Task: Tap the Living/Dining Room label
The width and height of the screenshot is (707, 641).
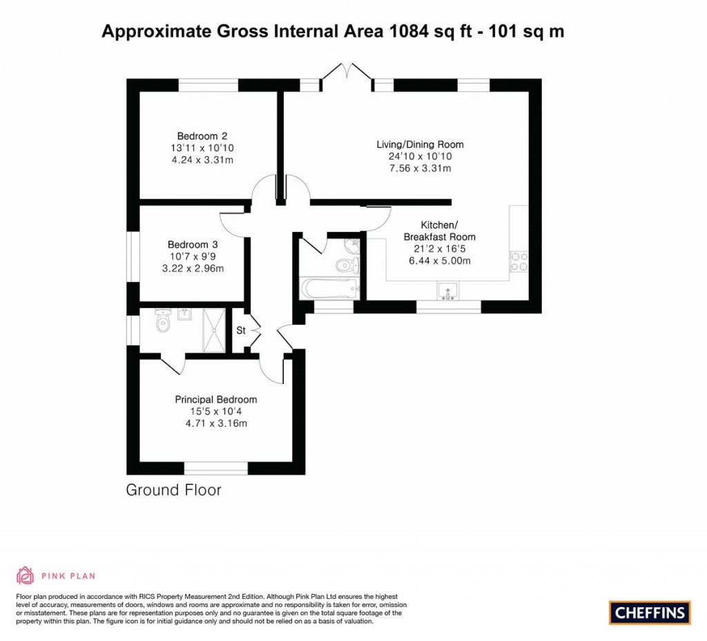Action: (420, 144)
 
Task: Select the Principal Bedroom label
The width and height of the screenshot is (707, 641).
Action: (215, 399)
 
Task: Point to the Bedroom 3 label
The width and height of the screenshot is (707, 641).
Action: (193, 245)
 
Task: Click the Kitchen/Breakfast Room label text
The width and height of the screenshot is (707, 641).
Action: (439, 231)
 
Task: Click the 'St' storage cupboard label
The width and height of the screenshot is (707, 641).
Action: (241, 331)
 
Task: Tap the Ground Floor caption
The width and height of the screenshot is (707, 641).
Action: (173, 490)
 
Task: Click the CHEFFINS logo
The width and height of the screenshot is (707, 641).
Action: (650, 612)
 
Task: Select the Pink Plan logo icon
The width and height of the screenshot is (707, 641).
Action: (25, 575)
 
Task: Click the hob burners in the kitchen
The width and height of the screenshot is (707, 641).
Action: (519, 261)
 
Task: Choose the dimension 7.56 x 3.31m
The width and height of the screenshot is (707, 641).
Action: (420, 168)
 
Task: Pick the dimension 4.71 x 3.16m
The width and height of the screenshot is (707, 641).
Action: (215, 423)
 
